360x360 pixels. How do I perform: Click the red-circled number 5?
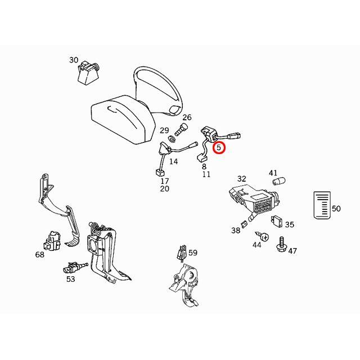coord(219,148)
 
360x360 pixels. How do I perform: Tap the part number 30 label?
coord(74,60)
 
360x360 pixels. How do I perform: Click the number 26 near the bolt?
coord(187,118)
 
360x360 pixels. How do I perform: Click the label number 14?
coord(174,161)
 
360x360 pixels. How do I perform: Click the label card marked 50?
coord(321,204)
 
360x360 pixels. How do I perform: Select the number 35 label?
coord(289,224)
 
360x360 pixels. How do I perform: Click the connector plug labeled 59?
coord(181,254)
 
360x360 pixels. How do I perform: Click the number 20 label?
coord(164,189)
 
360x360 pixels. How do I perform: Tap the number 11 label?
coord(206,175)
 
